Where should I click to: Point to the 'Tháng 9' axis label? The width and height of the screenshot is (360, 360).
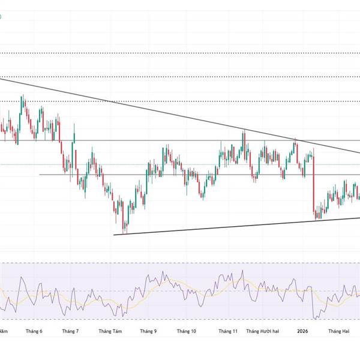click(x=148, y=331)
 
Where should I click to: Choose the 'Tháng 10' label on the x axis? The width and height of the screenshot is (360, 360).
click(x=187, y=331)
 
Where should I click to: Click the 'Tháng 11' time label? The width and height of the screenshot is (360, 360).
click(x=228, y=331)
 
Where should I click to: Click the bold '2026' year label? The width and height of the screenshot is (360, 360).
click(x=302, y=331)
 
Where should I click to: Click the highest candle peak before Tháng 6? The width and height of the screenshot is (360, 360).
click(x=23, y=96)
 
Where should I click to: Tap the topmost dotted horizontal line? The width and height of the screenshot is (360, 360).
click(x=180, y=53)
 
